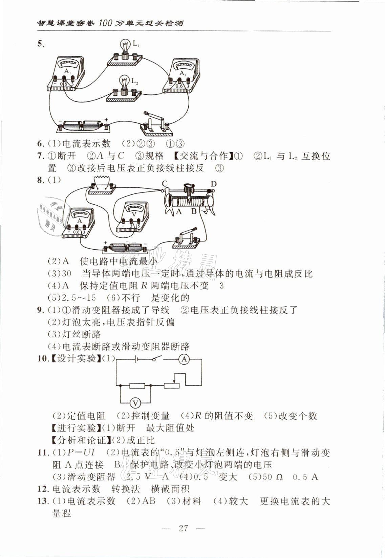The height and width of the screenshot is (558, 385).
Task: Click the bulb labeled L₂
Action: coord(125,83)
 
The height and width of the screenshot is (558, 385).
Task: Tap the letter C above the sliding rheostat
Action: coord(165,184)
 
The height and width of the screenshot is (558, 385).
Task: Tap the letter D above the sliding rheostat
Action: coord(213,184)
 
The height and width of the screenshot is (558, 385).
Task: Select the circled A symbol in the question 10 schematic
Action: coord(184,359)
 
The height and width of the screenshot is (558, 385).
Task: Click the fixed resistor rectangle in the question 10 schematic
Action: coord(137,386)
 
